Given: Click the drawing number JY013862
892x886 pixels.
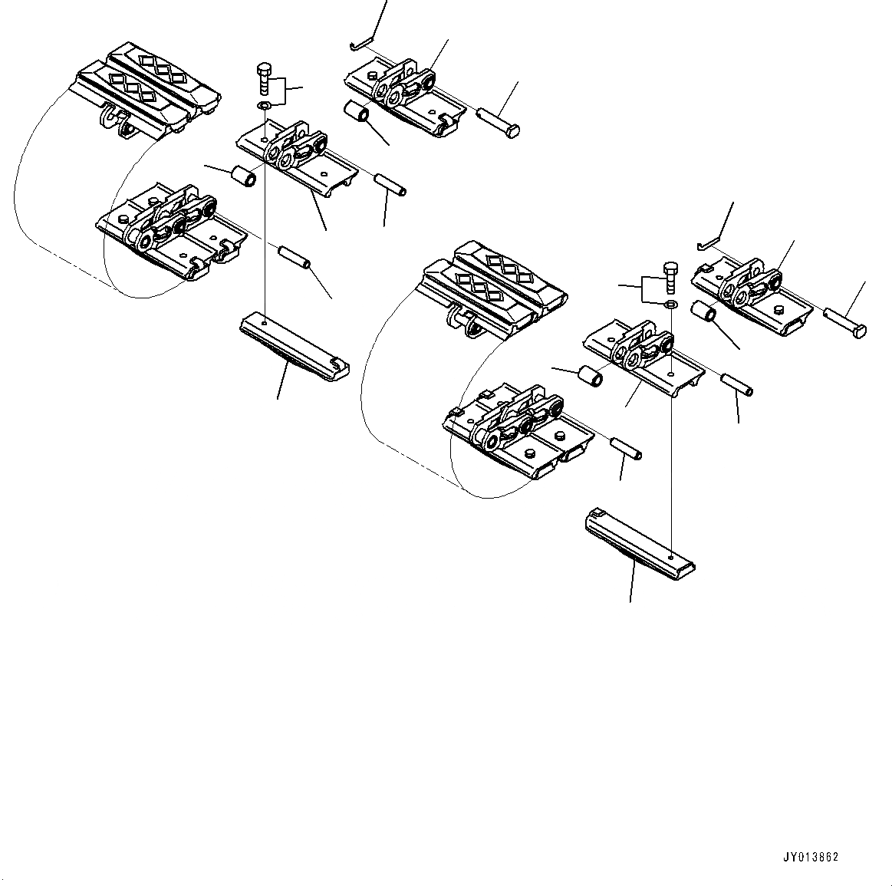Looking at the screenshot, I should (x=811, y=858).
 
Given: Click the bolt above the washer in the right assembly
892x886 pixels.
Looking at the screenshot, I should (x=669, y=278).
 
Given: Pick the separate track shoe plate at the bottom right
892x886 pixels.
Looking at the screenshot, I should (x=639, y=543).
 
